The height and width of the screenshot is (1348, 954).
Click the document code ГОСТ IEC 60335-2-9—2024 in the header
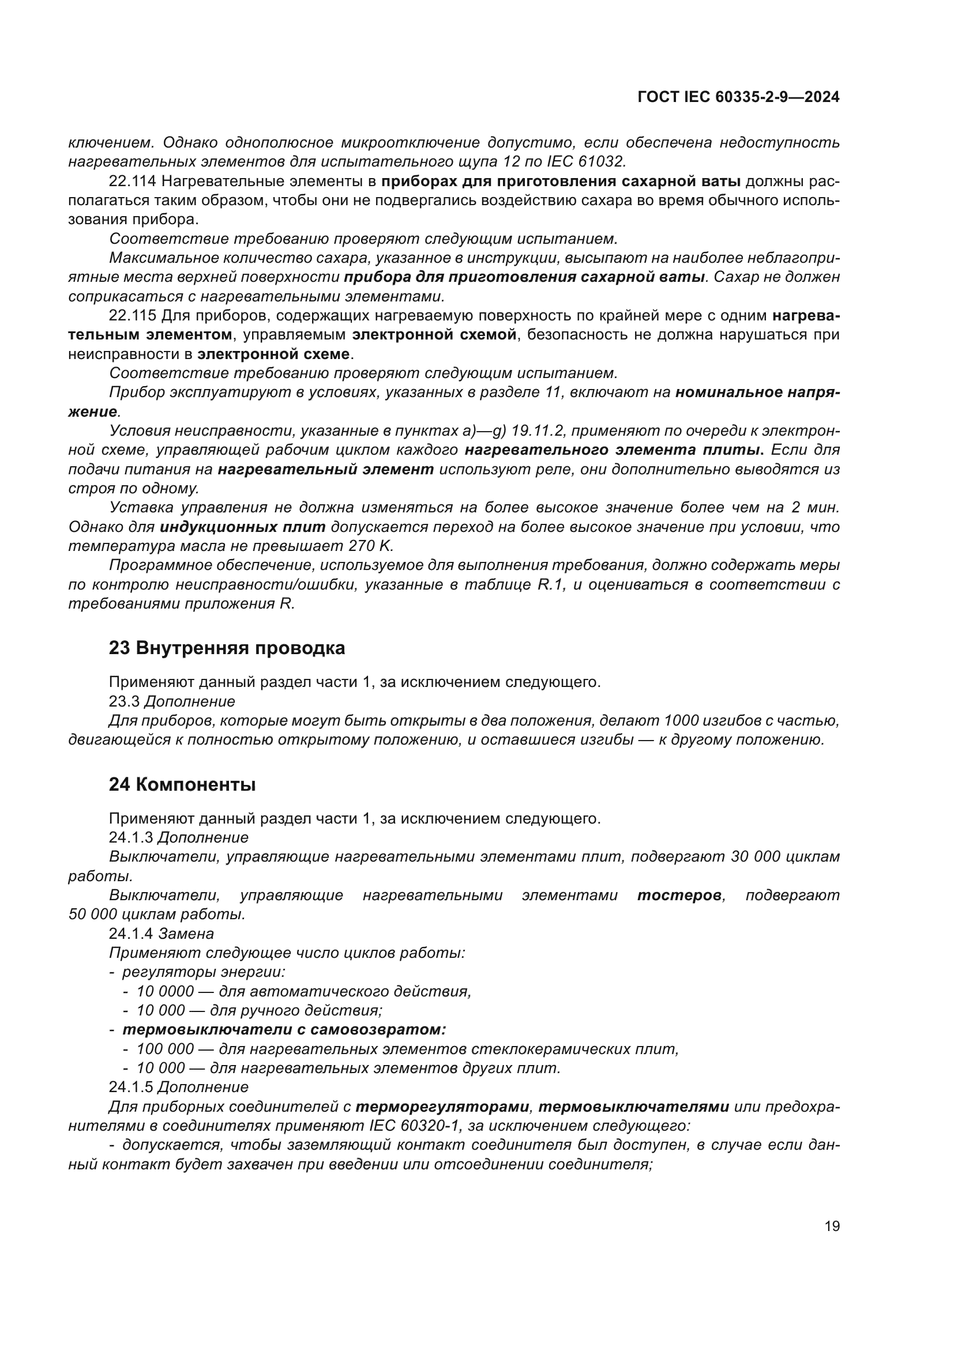point(738,97)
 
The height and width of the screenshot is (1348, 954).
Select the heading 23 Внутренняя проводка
point(227,648)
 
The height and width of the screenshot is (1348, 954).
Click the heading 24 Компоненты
point(182,784)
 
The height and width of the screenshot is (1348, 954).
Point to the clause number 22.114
point(132,182)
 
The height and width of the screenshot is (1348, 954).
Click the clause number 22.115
point(132,316)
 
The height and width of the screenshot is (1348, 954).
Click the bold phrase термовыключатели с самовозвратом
point(284,1030)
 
